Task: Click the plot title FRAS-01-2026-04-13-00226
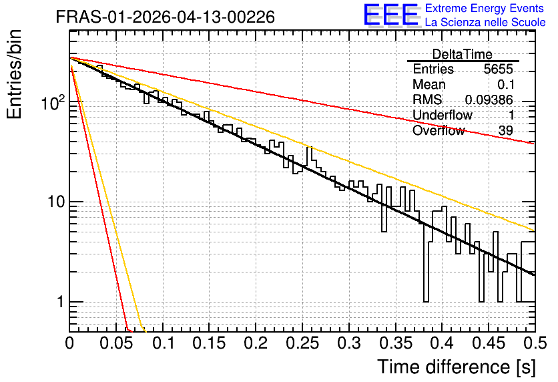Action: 166,17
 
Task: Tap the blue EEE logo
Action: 390,15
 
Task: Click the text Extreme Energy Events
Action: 485,8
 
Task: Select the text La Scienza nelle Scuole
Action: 485,23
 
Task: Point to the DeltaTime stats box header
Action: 463,54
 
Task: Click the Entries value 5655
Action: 498,69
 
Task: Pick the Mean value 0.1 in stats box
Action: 506,84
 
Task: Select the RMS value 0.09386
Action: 489,100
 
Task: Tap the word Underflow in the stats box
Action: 443,115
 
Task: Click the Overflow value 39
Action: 506,131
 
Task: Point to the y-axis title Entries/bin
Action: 14,74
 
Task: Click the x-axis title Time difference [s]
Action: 457,367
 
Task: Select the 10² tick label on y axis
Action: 52,103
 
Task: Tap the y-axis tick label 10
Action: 55,202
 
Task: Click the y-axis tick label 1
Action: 60,302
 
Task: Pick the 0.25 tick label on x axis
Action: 302,343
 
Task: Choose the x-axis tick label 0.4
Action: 442,343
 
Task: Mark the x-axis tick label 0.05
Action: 115,343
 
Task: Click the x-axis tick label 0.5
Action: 535,343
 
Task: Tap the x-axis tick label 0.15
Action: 209,343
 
